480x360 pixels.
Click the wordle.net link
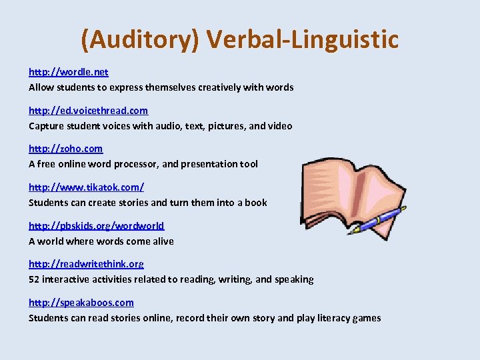tap(68, 72)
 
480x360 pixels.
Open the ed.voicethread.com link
tap(88, 111)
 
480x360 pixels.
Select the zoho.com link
tap(65, 149)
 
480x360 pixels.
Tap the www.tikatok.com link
tap(86, 187)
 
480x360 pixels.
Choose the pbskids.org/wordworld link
tap(96, 226)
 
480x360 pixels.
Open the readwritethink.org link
tap(86, 264)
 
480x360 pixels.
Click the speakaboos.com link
tap(81, 303)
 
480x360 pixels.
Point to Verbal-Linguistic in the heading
tap(303, 40)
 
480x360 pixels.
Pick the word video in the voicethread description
tap(280, 126)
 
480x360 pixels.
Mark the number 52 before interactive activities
tap(35, 279)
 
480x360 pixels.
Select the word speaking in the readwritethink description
tap(294, 279)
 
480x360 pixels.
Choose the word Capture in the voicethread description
tap(46, 126)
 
